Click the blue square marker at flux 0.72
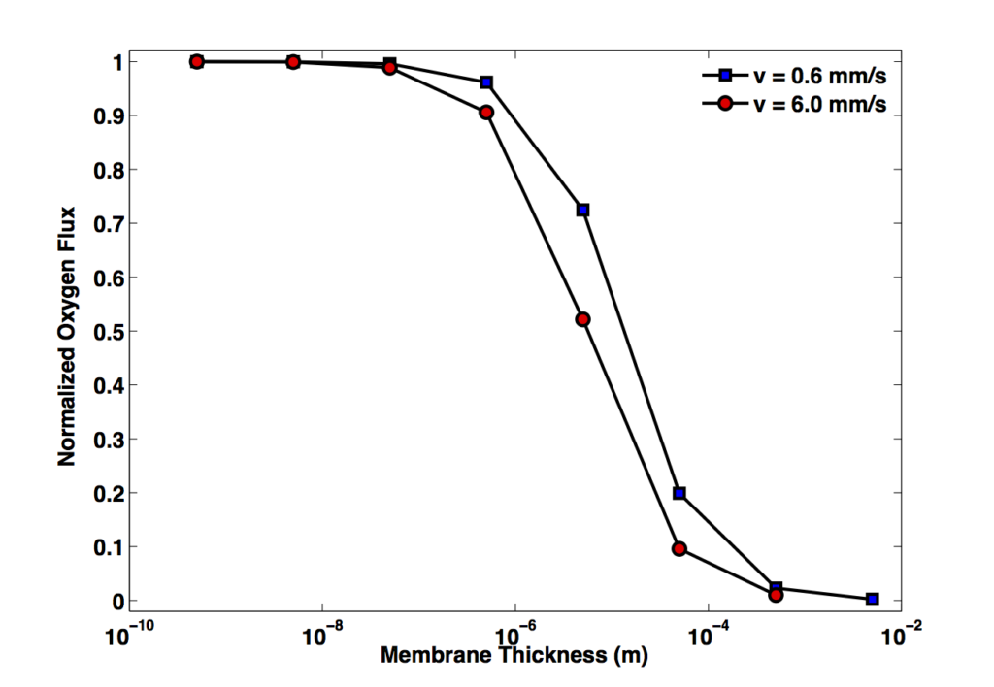coord(582,210)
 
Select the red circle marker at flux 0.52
coord(582,319)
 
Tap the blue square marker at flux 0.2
coord(679,493)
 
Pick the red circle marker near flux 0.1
coord(679,549)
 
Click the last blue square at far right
coord(873,599)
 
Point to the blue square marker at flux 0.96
coord(486,82)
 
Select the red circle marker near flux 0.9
coord(486,113)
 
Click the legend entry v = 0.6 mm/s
coord(794,76)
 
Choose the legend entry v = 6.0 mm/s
coord(794,103)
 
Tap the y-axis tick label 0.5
coord(109,332)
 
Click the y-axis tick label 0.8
coord(109,170)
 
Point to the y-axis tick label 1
coord(117,62)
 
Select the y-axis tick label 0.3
coord(109,440)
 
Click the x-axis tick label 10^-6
coord(514,633)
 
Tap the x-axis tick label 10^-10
coord(130,633)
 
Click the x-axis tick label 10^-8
coord(322,633)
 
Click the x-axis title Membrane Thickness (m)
coord(514,655)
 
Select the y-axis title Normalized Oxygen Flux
coord(67,337)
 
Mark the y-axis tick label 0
coord(117,601)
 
